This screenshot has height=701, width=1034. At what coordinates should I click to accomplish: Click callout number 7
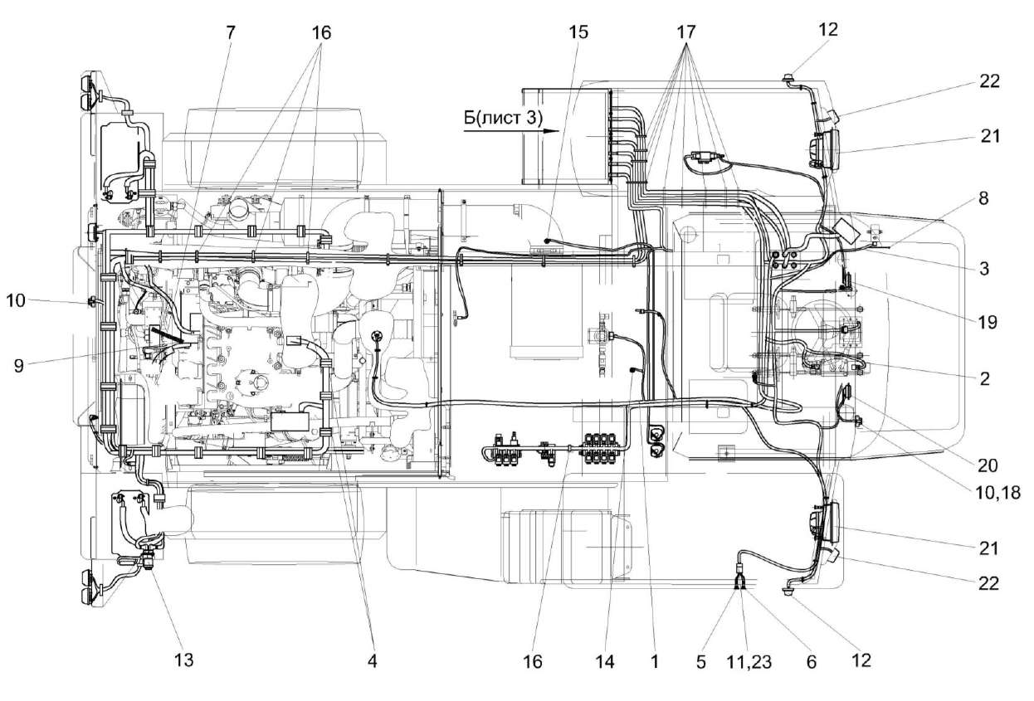click(x=230, y=32)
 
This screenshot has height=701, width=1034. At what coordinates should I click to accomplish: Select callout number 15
click(x=578, y=32)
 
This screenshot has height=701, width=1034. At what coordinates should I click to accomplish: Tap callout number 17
click(x=685, y=32)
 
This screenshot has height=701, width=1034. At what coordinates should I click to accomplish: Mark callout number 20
click(x=988, y=465)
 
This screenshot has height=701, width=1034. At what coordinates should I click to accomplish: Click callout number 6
click(x=812, y=661)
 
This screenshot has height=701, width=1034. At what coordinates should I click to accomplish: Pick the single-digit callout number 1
click(x=654, y=661)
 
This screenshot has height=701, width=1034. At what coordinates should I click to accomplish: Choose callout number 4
click(x=371, y=661)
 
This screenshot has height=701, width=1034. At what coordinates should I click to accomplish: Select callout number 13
click(x=183, y=660)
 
